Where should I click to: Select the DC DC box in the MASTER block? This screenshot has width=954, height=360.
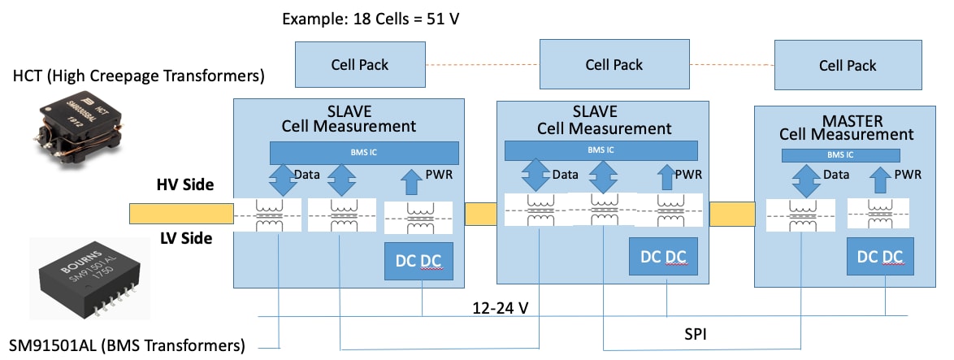[x=878, y=257]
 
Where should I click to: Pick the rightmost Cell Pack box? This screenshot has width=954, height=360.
[x=848, y=66]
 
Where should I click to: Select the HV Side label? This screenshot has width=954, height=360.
[x=184, y=185]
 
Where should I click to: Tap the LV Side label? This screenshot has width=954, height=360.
[x=185, y=238]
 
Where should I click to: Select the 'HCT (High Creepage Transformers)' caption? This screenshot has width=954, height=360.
[x=139, y=77]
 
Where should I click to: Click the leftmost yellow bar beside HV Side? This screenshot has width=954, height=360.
[x=181, y=213]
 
